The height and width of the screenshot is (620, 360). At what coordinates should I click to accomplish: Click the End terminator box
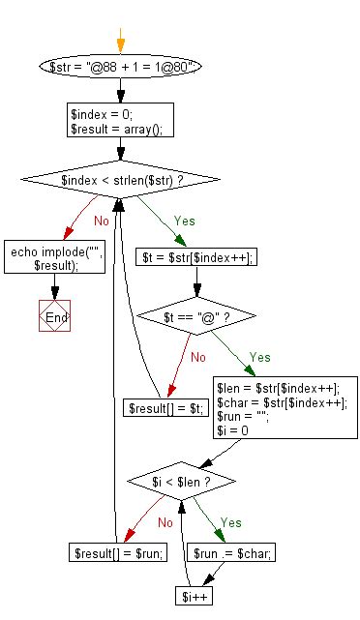point(55,316)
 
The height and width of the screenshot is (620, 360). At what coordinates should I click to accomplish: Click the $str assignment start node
point(120,67)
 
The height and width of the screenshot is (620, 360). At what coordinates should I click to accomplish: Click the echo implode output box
point(54,258)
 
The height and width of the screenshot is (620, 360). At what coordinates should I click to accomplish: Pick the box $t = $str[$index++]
point(196,258)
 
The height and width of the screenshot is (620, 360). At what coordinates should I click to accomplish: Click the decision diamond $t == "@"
point(196,316)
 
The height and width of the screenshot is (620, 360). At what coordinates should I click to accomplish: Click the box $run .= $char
point(233,552)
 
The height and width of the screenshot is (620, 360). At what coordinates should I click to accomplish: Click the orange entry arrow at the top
point(120,41)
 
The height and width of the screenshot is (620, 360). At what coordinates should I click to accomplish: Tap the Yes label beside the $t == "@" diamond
point(259,357)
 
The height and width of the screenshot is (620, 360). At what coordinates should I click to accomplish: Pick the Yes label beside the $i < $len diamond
point(230,522)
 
